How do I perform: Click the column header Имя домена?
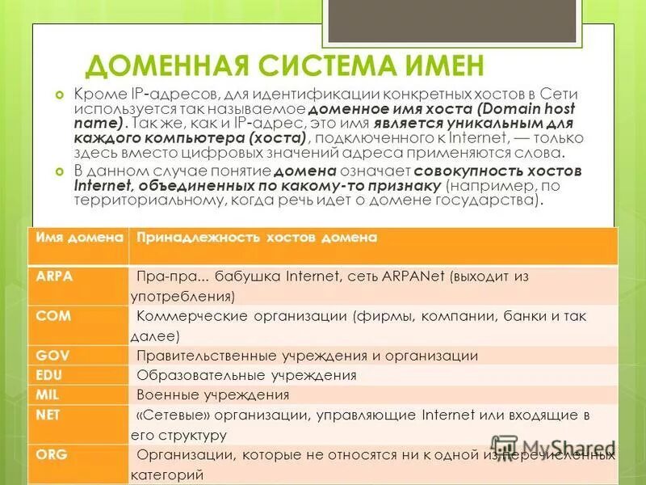click(78, 237)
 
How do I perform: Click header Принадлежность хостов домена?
click(257, 237)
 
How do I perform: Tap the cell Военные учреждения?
click(213, 395)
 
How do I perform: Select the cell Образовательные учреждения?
click(246, 376)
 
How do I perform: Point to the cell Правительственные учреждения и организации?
click(308, 356)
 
